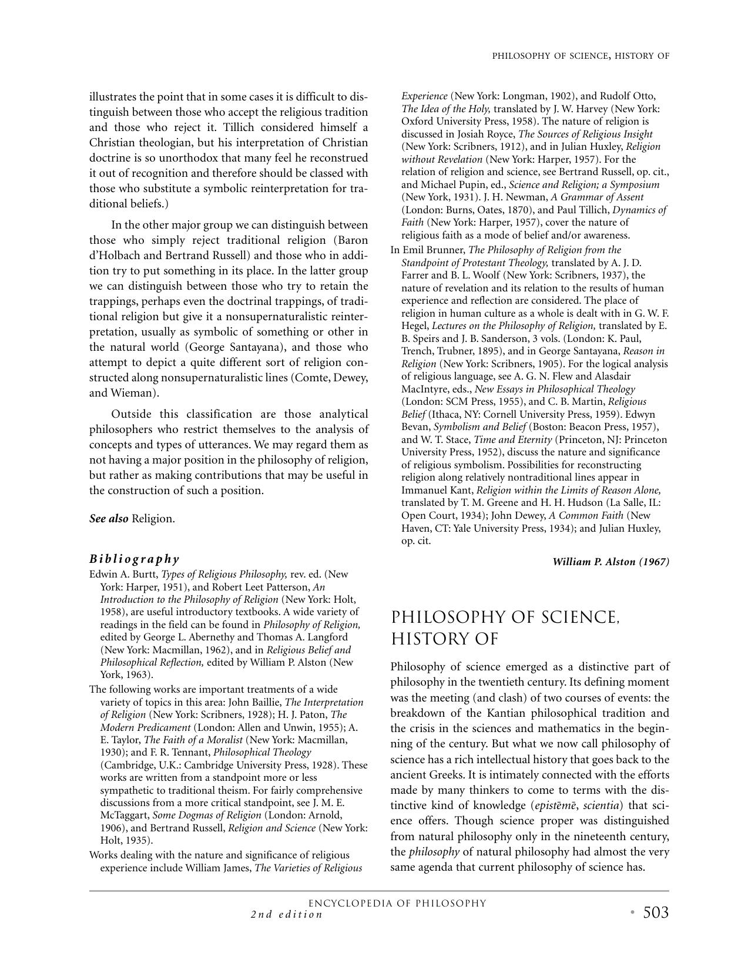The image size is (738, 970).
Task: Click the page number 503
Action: [x=655, y=912]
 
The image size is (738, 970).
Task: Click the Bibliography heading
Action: [x=134, y=559]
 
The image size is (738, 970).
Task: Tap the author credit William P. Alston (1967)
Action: [x=610, y=562]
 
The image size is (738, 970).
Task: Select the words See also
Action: [x=109, y=519]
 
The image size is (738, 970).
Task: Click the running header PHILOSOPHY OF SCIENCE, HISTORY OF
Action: [x=581, y=56]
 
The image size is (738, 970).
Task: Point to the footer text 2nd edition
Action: [x=287, y=915]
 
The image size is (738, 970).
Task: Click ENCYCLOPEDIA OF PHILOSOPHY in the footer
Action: [x=397, y=904]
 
